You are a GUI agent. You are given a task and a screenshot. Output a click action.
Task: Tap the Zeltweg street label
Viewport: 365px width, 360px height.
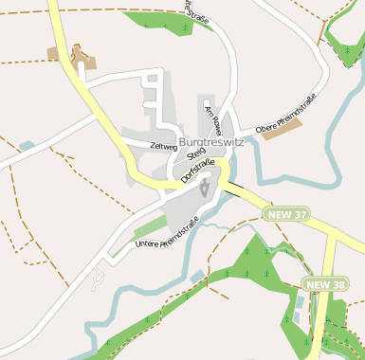[163, 146]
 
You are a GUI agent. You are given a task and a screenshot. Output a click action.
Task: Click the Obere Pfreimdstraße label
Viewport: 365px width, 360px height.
[284, 112]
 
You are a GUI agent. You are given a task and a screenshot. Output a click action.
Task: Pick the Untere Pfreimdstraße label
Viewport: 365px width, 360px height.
[166, 233]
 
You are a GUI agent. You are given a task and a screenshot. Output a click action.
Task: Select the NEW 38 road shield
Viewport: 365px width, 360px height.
[325, 283]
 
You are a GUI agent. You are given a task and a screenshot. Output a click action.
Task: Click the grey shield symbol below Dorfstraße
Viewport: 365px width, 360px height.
[205, 188]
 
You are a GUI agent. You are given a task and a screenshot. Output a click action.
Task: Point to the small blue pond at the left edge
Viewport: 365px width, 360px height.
[26, 146]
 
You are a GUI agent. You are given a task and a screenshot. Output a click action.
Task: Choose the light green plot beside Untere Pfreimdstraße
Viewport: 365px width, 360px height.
[149, 226]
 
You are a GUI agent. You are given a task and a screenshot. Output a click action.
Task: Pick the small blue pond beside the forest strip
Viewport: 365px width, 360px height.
[196, 276]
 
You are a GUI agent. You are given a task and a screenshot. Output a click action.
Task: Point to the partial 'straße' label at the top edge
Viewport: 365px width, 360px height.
[197, 13]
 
